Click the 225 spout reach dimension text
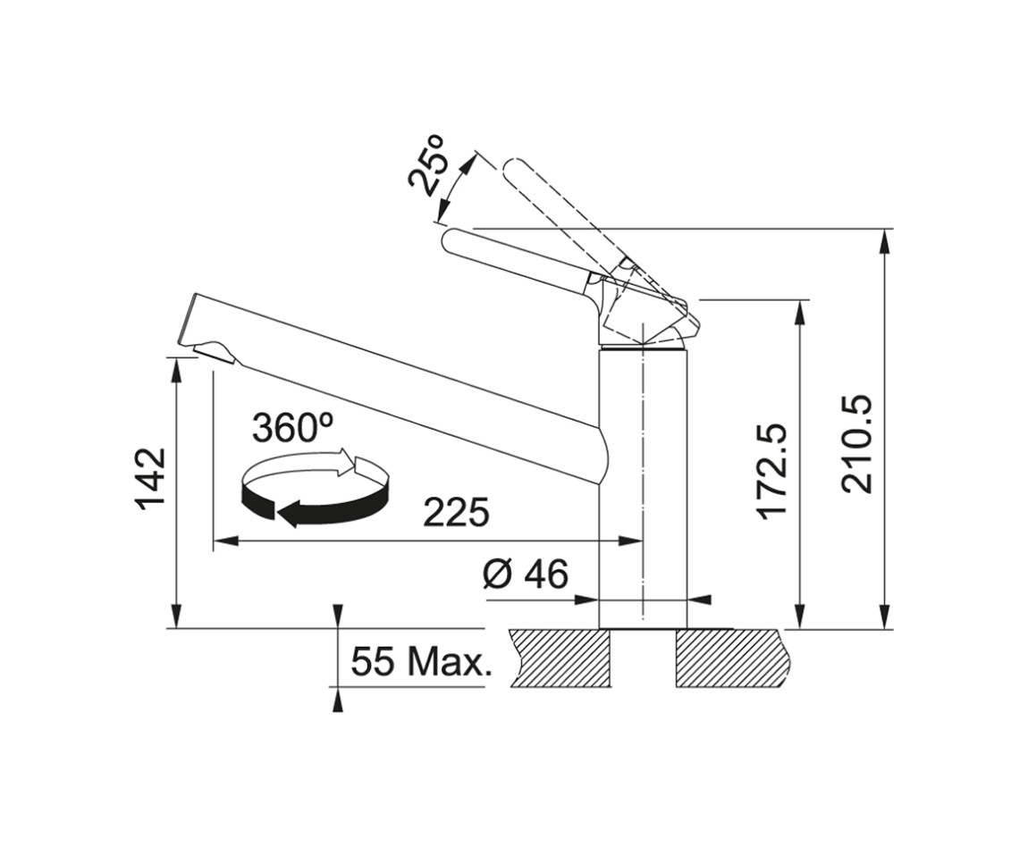456,512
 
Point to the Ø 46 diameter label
525,574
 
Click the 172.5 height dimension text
772,471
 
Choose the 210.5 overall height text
857,443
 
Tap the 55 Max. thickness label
422,662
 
